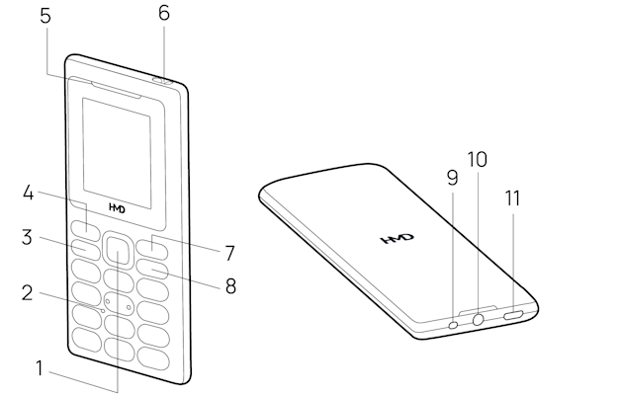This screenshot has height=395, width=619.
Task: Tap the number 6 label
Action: [164, 13]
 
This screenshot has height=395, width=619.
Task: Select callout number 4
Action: [31, 194]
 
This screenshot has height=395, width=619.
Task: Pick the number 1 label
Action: [41, 369]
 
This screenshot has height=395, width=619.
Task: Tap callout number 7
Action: [228, 252]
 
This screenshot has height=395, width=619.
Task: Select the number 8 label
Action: [230, 286]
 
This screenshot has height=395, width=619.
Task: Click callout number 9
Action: [453, 178]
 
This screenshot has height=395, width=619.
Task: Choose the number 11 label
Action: [511, 197]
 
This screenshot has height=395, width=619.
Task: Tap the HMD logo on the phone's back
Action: [398, 240]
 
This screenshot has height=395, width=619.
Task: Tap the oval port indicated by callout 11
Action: [516, 315]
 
